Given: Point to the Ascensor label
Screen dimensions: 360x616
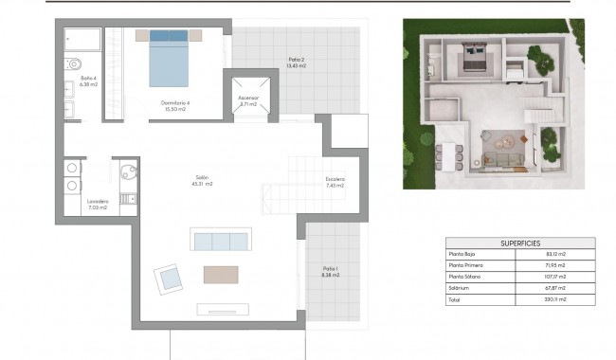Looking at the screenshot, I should click(247, 100).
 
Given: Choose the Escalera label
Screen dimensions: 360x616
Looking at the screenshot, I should click(335, 182).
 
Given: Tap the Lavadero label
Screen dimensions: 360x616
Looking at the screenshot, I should click(98, 203).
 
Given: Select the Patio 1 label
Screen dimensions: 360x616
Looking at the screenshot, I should click(329, 270).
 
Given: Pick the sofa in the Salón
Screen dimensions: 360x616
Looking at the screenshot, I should click(222, 239).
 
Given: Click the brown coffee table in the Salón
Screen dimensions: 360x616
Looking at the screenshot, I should click(222, 274).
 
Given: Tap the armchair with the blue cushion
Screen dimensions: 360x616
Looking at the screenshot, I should click(170, 278).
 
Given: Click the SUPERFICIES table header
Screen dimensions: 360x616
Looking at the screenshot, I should click(520, 243).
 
